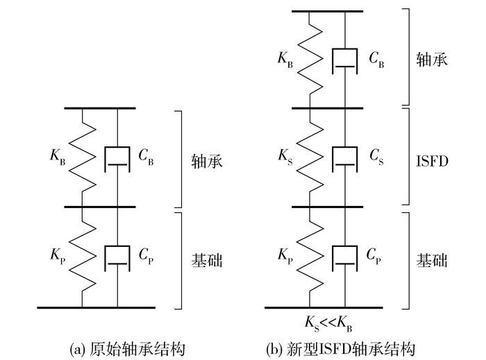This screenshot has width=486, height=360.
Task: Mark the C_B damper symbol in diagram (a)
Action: [117, 157]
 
